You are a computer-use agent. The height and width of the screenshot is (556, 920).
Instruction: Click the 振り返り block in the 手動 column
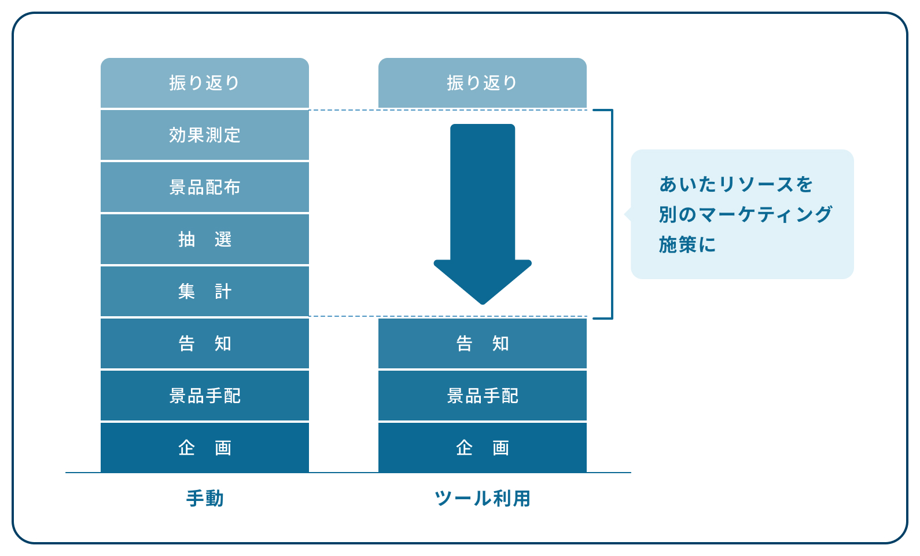coord(204,83)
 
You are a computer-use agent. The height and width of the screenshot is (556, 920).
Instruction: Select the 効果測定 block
coord(204,135)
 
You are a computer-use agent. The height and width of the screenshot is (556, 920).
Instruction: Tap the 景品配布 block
coord(204,187)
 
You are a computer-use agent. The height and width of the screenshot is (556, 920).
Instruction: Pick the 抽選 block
coord(204,239)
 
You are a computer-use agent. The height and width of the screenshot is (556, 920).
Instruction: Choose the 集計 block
coord(204,291)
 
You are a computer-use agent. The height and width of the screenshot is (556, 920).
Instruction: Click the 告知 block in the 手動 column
coord(204,343)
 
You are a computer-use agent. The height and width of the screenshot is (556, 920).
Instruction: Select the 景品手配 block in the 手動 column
coord(204,396)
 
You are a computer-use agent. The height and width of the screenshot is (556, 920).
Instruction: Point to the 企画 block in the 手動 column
coord(204,448)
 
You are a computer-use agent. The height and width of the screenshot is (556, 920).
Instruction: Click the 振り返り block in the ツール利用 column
coord(482,83)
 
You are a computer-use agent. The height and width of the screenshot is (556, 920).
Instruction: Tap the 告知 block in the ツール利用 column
coord(482,343)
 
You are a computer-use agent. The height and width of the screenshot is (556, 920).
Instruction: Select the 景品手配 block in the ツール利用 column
coord(482,396)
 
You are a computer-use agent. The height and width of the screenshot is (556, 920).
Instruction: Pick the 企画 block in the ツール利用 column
coord(482,448)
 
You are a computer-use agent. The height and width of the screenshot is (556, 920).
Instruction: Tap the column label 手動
coord(205,498)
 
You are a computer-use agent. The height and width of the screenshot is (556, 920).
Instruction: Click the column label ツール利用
coord(482,498)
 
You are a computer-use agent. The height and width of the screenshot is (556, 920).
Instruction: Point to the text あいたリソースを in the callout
coord(736,184)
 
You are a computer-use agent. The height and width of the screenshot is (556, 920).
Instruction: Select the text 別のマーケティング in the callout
coord(745,214)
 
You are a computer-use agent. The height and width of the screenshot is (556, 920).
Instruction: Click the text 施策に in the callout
coord(687,244)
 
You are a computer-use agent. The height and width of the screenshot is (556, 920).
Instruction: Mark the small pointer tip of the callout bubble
coord(627,214)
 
